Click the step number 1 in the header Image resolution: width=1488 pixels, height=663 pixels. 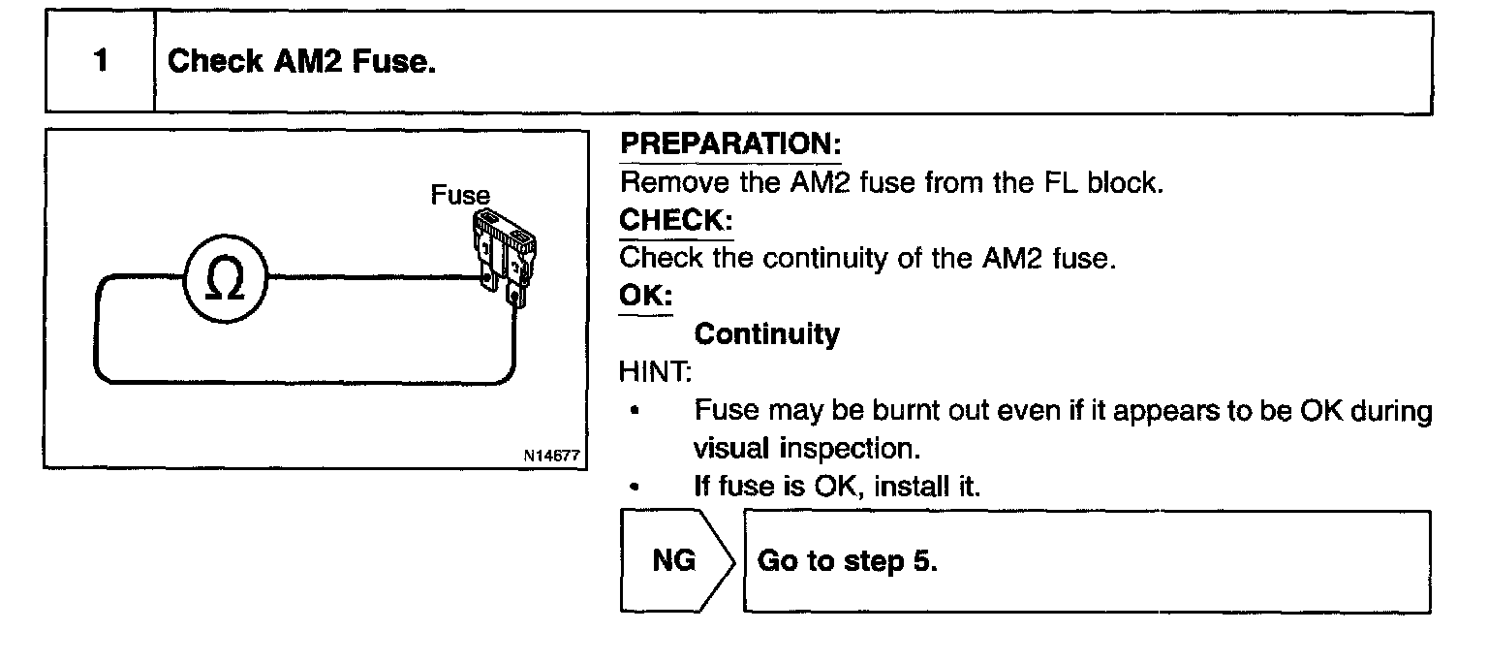tap(101, 62)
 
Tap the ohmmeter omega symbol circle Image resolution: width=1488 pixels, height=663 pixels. tap(225, 275)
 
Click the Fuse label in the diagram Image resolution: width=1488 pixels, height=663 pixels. tap(460, 196)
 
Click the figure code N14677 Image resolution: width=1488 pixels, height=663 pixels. tap(554, 454)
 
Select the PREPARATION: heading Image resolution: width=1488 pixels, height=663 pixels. tap(730, 144)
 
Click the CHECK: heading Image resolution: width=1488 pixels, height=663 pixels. tap(676, 220)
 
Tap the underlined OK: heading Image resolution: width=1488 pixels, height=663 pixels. tap(646, 296)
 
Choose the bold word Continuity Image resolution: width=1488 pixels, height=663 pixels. tap(766, 334)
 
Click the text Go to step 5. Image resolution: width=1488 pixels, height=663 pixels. tap(847, 562)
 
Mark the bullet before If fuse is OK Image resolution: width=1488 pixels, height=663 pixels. tap(633, 488)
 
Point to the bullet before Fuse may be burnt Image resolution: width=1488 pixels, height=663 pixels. tap(633, 411)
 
